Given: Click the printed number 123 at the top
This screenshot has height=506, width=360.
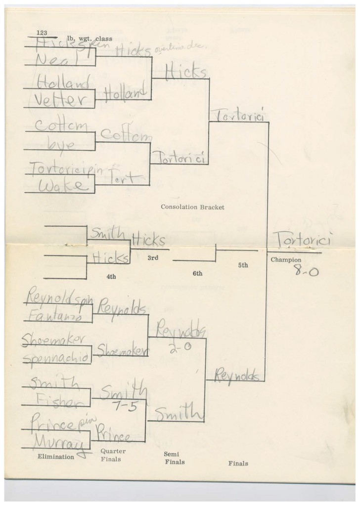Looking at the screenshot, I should tap(41, 33).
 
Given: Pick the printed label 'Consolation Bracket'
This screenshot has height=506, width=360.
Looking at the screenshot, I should tap(192, 207).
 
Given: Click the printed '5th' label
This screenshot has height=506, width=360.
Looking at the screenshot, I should tap(243, 265).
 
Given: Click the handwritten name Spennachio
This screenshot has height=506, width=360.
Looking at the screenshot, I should tap(57, 356).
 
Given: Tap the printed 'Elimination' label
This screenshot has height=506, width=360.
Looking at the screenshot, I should tap(56, 457).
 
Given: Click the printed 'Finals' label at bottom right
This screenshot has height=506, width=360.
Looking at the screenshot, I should tap(238, 464).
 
